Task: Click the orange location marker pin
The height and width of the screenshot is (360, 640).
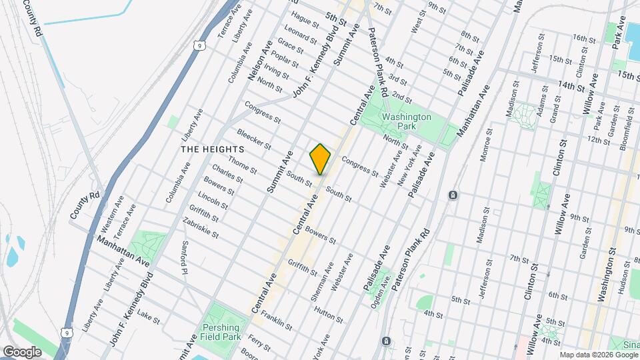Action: coord(320,159)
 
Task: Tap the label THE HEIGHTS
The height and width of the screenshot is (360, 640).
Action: coord(209,149)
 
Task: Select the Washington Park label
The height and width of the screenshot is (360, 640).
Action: coord(406,121)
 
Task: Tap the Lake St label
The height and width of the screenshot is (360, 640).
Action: coord(148,316)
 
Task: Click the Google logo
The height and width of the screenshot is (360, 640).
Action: coord(22,351)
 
